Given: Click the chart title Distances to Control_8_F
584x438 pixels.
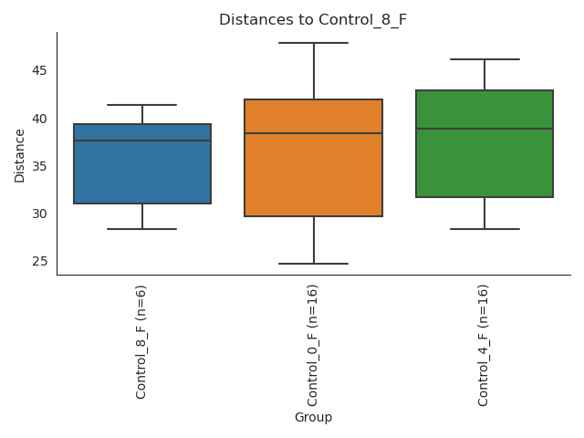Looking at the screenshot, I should pyautogui.click(x=313, y=20).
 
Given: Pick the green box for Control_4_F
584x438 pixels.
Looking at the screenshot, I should pyautogui.click(x=485, y=164).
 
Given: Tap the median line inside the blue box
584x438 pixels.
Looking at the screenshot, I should pyautogui.click(x=142, y=141).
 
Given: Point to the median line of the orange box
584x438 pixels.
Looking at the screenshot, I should pyautogui.click(x=313, y=133).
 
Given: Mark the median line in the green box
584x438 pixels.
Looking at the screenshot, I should pyautogui.click(x=485, y=129).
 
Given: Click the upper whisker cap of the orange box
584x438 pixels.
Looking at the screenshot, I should pyautogui.click(x=313, y=43).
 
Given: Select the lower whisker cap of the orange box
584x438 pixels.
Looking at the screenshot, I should pyautogui.click(x=313, y=264).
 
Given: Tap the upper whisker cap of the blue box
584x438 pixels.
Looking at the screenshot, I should pyautogui.click(x=142, y=105).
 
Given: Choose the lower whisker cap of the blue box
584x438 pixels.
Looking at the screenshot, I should pyautogui.click(x=142, y=229).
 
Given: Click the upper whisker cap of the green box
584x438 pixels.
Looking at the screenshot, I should pyautogui.click(x=485, y=59).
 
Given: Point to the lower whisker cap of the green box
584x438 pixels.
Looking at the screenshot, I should pyautogui.click(x=485, y=229).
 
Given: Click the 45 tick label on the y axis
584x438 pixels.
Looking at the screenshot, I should pyautogui.click(x=39, y=71).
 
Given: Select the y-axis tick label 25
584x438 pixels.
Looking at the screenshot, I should pyautogui.click(x=39, y=261).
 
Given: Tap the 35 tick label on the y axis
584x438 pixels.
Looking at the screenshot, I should pyautogui.click(x=39, y=166).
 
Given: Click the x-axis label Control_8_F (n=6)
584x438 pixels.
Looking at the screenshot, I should pyautogui.click(x=141, y=341).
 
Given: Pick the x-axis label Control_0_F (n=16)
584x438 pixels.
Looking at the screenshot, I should pyautogui.click(x=313, y=345).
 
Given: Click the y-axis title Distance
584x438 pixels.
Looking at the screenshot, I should pyautogui.click(x=20, y=154).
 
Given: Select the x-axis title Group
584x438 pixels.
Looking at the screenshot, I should pyautogui.click(x=313, y=418).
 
